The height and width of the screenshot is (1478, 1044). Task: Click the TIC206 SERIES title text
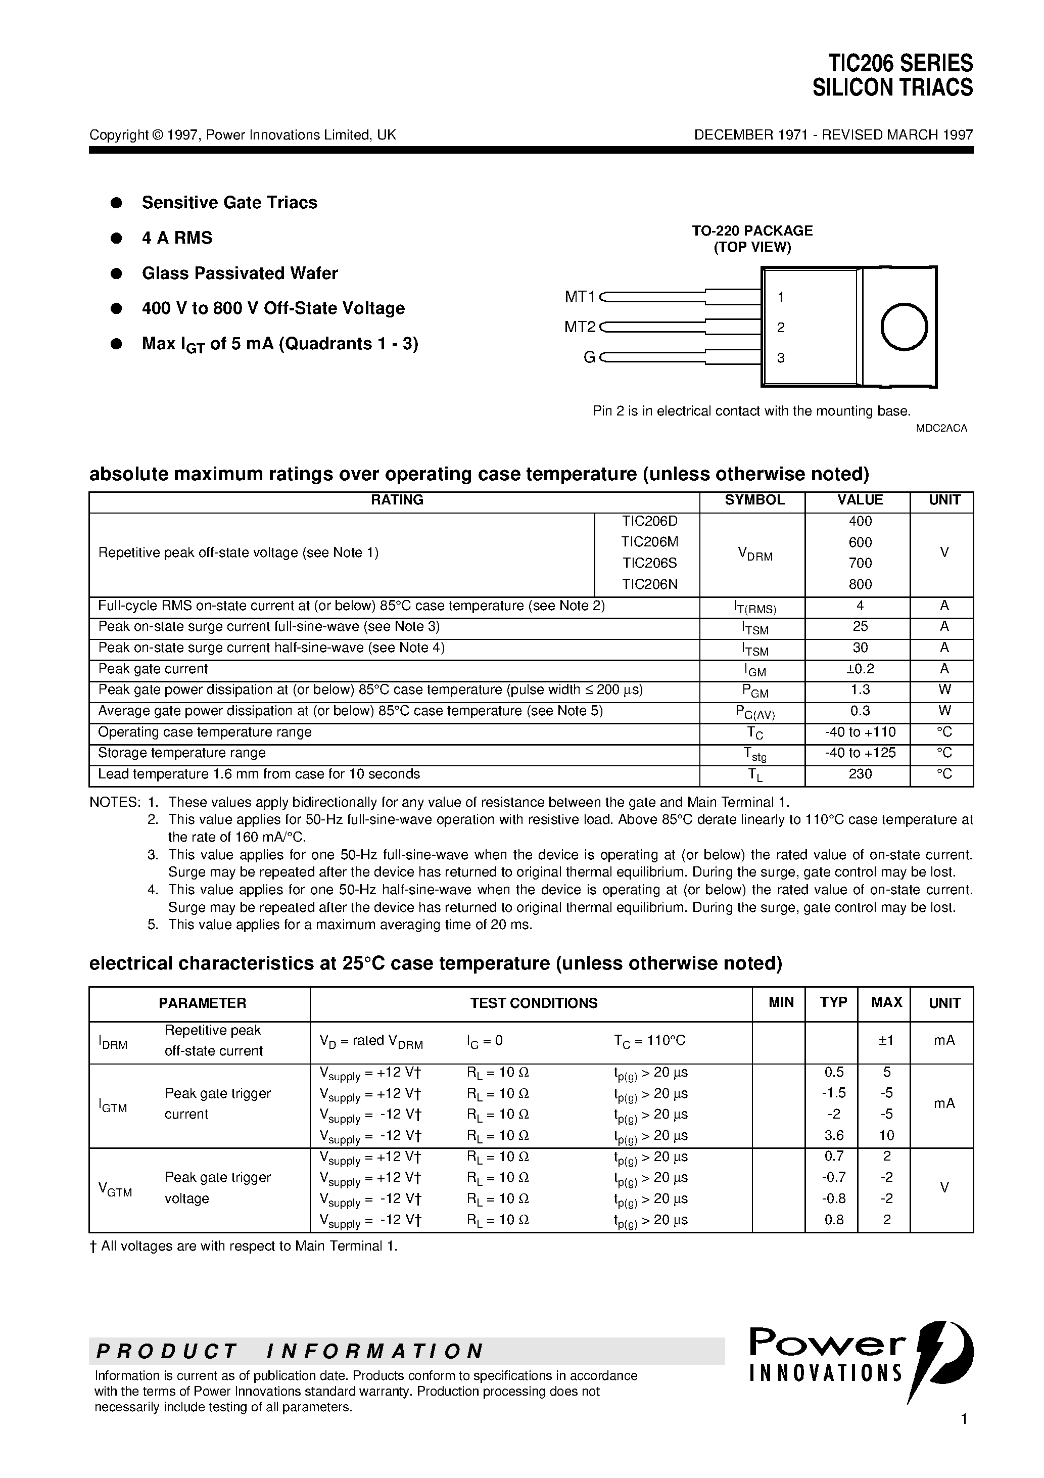pyautogui.click(x=900, y=63)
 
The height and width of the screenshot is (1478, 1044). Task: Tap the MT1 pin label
pyautogui.click(x=580, y=297)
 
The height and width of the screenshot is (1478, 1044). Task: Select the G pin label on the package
pyautogui.click(x=589, y=358)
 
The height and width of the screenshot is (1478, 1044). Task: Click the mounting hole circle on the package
pyautogui.click(x=904, y=327)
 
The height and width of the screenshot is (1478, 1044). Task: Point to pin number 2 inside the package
pyautogui.click(x=781, y=328)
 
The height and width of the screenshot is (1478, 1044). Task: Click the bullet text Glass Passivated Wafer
pyautogui.click(x=240, y=273)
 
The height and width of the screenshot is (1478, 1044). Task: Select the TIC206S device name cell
pyautogui.click(x=649, y=563)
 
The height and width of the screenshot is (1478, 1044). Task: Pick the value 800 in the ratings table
pyautogui.click(x=860, y=584)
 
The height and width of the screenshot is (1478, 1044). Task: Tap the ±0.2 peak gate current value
pyautogui.click(x=860, y=669)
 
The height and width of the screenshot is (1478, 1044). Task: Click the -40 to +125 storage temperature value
pyautogui.click(x=860, y=753)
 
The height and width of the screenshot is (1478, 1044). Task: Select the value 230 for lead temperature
pyautogui.click(x=860, y=774)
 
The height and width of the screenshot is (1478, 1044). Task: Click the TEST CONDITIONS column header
pyautogui.click(x=534, y=1003)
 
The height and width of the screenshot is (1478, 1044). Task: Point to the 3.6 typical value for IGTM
pyautogui.click(x=833, y=1135)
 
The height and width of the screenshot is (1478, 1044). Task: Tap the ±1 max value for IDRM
pyautogui.click(x=886, y=1040)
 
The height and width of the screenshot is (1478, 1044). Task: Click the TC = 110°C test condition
pyautogui.click(x=649, y=1040)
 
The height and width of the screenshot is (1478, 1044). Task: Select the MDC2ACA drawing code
pyautogui.click(x=941, y=428)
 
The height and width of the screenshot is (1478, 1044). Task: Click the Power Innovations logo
pyautogui.click(x=860, y=1360)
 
